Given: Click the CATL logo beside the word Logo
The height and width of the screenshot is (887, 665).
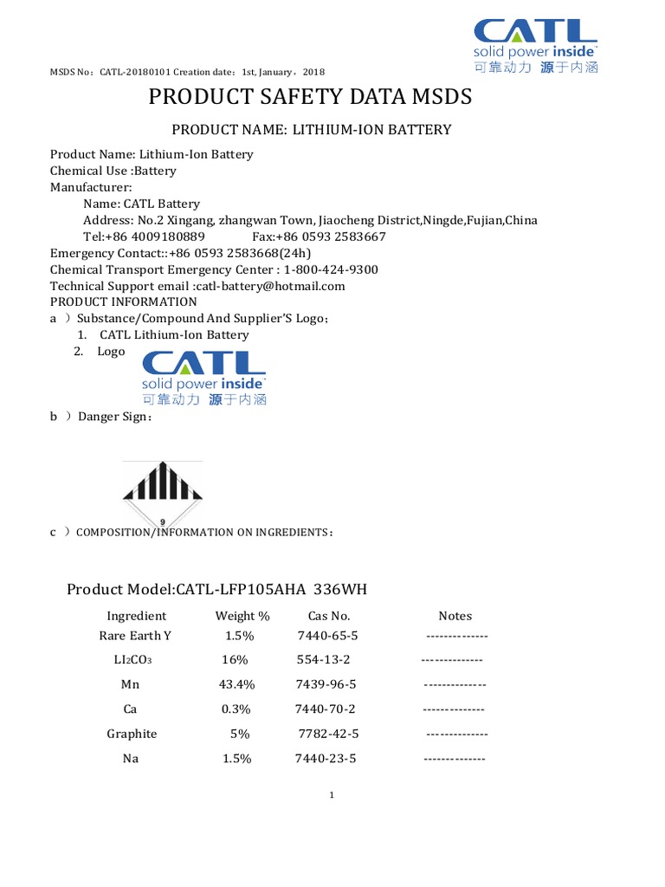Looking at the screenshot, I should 204,378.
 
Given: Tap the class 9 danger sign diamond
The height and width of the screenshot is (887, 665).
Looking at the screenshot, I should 163,495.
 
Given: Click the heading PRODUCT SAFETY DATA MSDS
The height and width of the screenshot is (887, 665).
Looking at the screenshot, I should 311,96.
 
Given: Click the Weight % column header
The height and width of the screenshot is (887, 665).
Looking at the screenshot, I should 236,616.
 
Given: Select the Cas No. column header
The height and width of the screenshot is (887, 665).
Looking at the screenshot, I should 329,616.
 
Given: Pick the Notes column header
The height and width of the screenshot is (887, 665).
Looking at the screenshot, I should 455,616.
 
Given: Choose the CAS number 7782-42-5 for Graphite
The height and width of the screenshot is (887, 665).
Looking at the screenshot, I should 328,734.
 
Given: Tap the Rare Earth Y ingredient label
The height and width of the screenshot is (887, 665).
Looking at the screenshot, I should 136,635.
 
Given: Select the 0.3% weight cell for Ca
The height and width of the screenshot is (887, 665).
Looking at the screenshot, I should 236,709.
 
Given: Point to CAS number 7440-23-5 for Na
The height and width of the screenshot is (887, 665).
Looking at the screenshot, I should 326,758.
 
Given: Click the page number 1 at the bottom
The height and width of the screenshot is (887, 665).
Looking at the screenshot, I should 332,795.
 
